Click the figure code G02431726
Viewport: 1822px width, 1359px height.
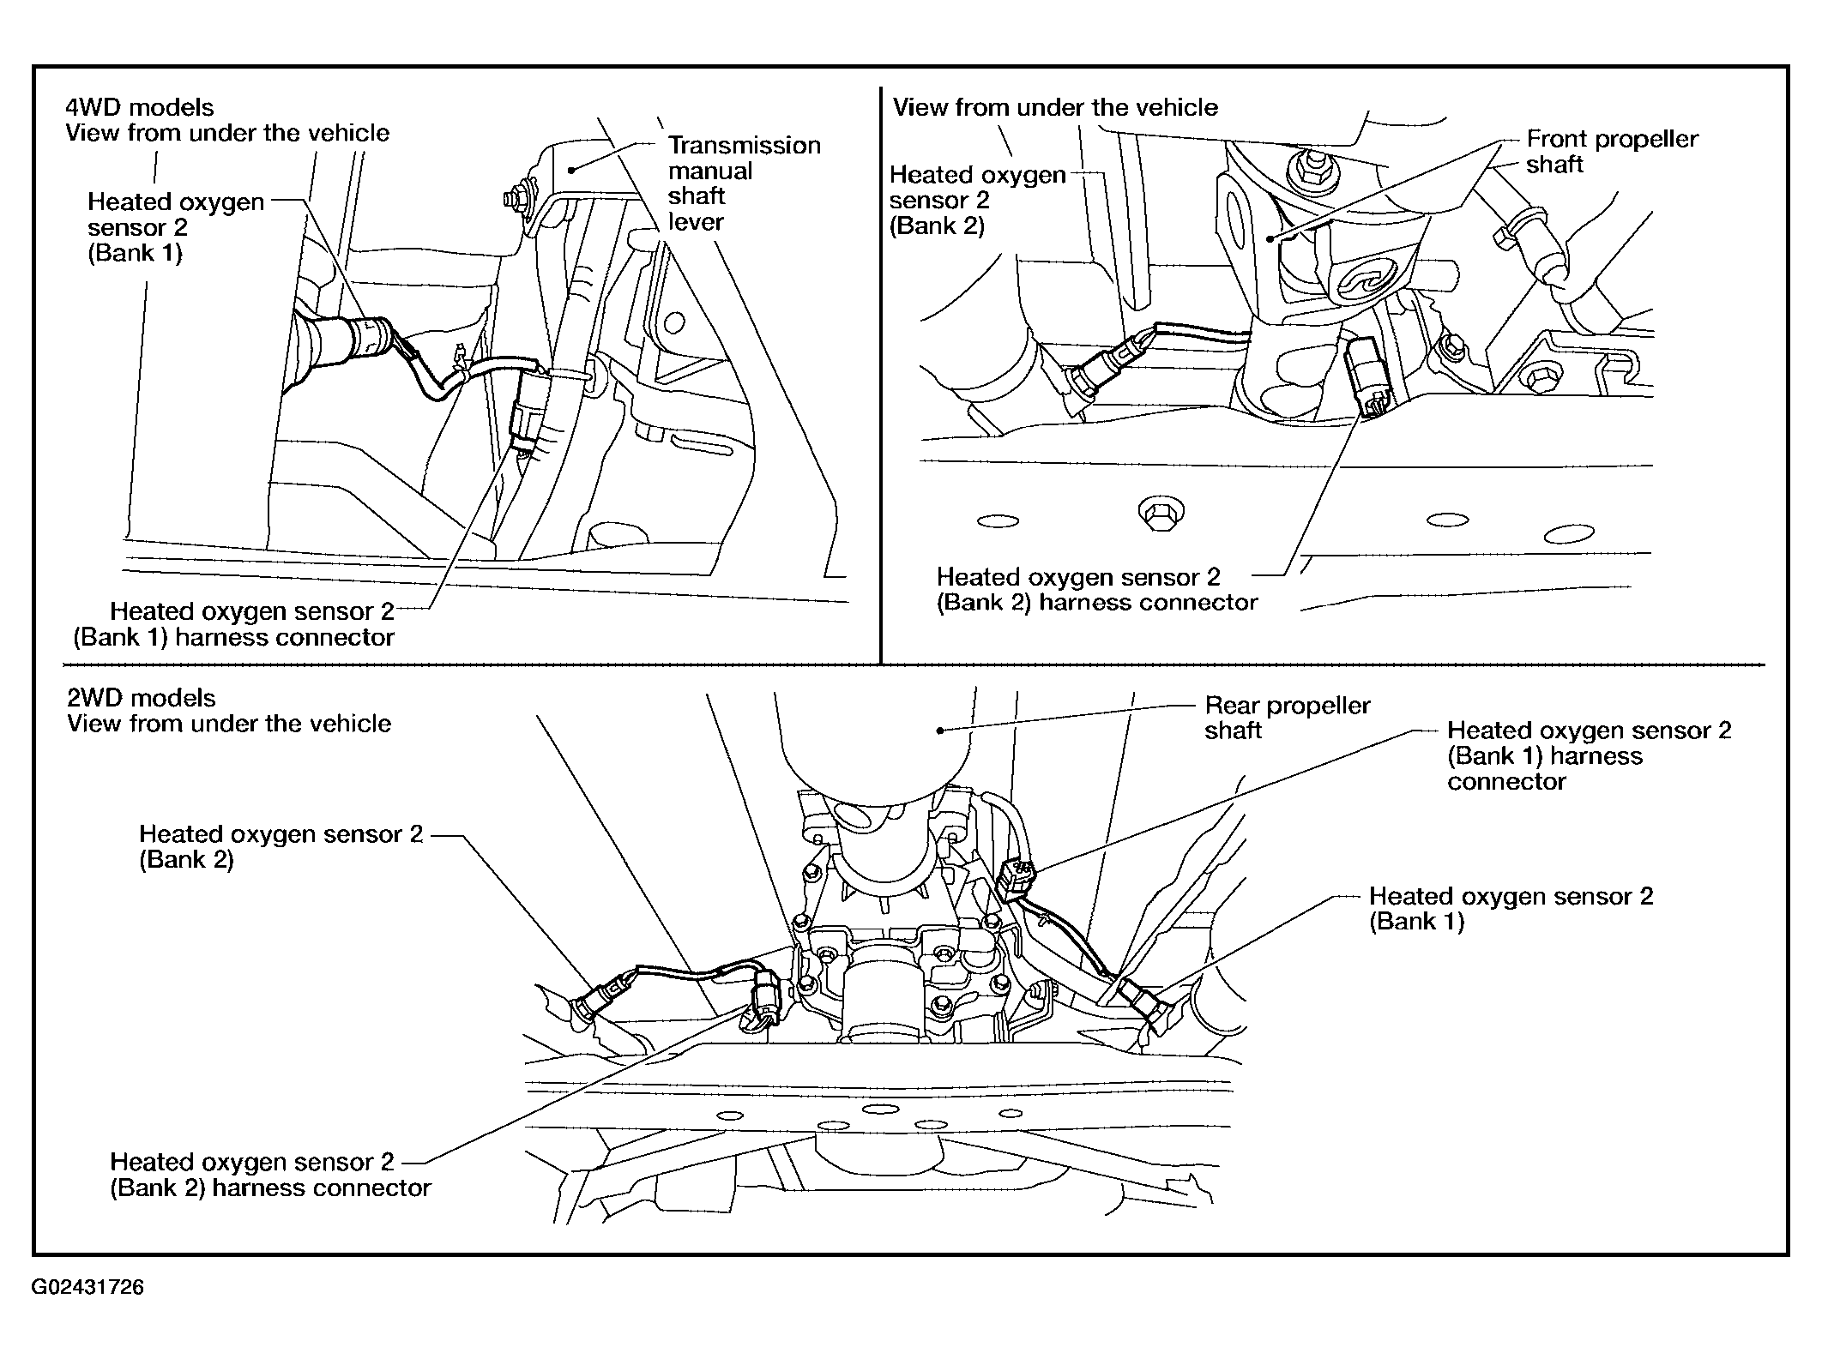[88, 1287]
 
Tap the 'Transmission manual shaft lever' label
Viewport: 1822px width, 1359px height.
[744, 183]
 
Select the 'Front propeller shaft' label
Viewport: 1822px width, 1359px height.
[1612, 152]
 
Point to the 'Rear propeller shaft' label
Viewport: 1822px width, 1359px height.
[1287, 718]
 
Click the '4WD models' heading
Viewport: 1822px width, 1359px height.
[140, 107]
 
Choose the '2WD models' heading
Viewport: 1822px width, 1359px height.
[142, 698]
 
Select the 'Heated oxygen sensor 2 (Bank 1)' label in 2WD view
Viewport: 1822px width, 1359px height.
[1511, 909]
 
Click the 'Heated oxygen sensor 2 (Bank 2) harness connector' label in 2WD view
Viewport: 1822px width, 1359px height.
[270, 1175]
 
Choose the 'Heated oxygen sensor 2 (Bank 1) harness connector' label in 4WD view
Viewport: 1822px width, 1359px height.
[234, 624]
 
